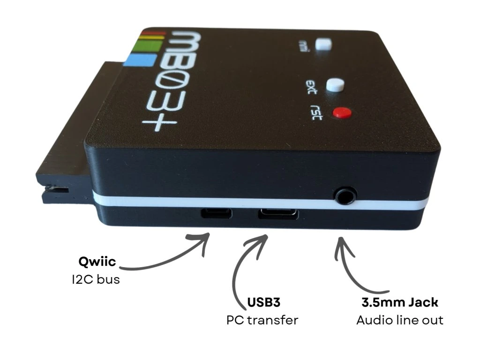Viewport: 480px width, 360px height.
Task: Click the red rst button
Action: (342, 112)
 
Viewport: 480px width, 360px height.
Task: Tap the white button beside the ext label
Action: (336, 84)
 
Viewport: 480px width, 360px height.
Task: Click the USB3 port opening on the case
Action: (277, 214)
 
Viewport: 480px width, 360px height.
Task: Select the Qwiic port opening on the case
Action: (216, 214)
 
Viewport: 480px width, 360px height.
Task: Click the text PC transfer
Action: (262, 320)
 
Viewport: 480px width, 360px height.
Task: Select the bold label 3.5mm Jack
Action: (400, 302)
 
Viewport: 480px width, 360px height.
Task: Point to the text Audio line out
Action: (400, 320)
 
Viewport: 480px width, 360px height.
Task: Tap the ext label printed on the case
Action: (311, 87)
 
